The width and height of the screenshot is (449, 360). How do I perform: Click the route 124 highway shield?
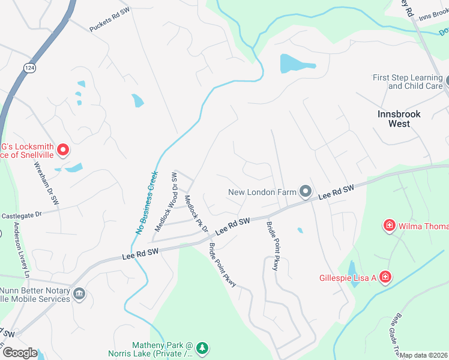[x=29, y=68]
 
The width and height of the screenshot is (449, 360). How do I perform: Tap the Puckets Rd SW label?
[x=110, y=20]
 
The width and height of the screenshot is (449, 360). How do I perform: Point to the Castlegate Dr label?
[x=21, y=214]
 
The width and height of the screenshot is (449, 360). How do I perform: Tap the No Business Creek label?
[x=146, y=202]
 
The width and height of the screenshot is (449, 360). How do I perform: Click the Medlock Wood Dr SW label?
[x=167, y=202]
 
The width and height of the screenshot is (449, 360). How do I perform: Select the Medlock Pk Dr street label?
[x=196, y=214]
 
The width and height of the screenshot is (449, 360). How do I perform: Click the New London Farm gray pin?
[x=306, y=192]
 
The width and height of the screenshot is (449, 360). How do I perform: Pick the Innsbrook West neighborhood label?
[x=399, y=118]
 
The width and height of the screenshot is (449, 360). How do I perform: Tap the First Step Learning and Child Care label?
[x=407, y=82]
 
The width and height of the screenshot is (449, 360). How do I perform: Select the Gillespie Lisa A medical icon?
[x=385, y=277]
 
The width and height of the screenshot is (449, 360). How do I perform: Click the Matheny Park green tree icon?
[x=203, y=347]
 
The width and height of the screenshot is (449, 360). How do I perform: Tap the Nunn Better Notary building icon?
[x=79, y=294]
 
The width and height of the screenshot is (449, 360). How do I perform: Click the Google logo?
[x=19, y=352]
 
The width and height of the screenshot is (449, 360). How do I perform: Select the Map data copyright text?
[x=423, y=355]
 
